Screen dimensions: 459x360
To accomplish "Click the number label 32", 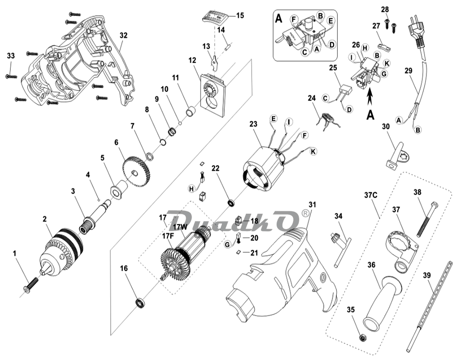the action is (x=124, y=36).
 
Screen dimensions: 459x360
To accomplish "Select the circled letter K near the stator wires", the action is (x=313, y=152).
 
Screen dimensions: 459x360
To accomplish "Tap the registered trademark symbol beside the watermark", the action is (x=306, y=213).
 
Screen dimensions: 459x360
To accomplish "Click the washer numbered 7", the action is (x=149, y=155).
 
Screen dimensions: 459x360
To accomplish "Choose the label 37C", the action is (x=371, y=195).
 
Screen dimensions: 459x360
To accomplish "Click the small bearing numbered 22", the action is (x=231, y=203).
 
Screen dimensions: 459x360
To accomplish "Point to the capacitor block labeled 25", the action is (x=346, y=89).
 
